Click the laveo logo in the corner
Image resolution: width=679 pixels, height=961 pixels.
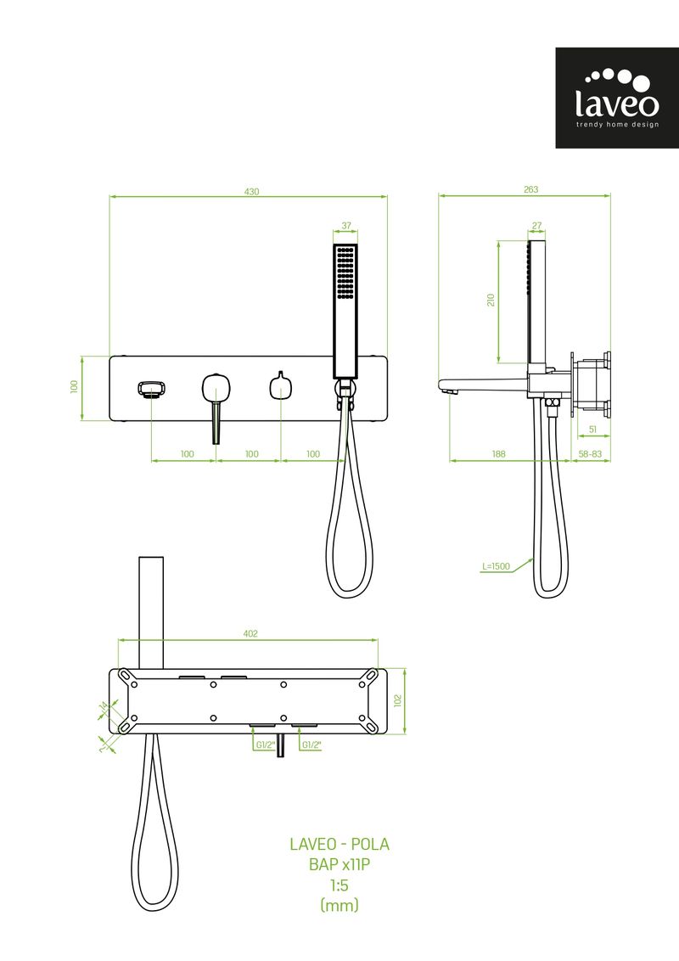click(616, 98)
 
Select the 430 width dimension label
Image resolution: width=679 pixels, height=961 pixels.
click(251, 192)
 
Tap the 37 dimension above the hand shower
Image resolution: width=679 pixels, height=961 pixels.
click(346, 226)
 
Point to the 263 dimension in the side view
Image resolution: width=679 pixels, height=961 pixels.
click(530, 189)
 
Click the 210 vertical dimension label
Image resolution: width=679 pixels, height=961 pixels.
click(491, 301)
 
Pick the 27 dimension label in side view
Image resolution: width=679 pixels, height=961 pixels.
click(536, 226)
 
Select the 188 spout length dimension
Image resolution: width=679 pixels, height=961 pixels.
click(498, 454)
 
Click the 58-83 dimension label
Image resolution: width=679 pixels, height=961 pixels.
click(590, 454)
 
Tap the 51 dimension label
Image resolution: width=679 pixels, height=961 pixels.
click(592, 430)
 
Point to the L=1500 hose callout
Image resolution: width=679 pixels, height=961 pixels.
click(496, 566)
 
